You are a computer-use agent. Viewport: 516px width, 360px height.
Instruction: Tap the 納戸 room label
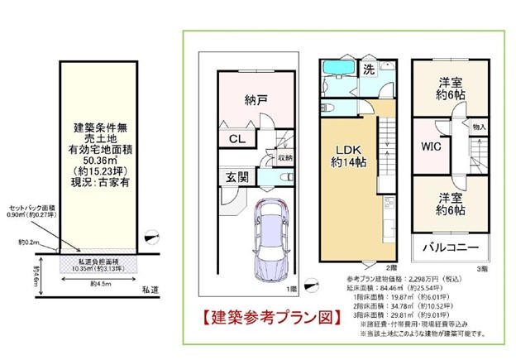click(256, 102)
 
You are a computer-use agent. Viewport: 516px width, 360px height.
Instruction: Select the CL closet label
click(236, 140)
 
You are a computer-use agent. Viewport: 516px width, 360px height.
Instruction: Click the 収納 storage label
click(284, 158)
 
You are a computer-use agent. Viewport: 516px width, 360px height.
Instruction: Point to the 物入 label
click(480, 127)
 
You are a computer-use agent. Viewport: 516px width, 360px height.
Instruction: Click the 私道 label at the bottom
click(150, 290)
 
